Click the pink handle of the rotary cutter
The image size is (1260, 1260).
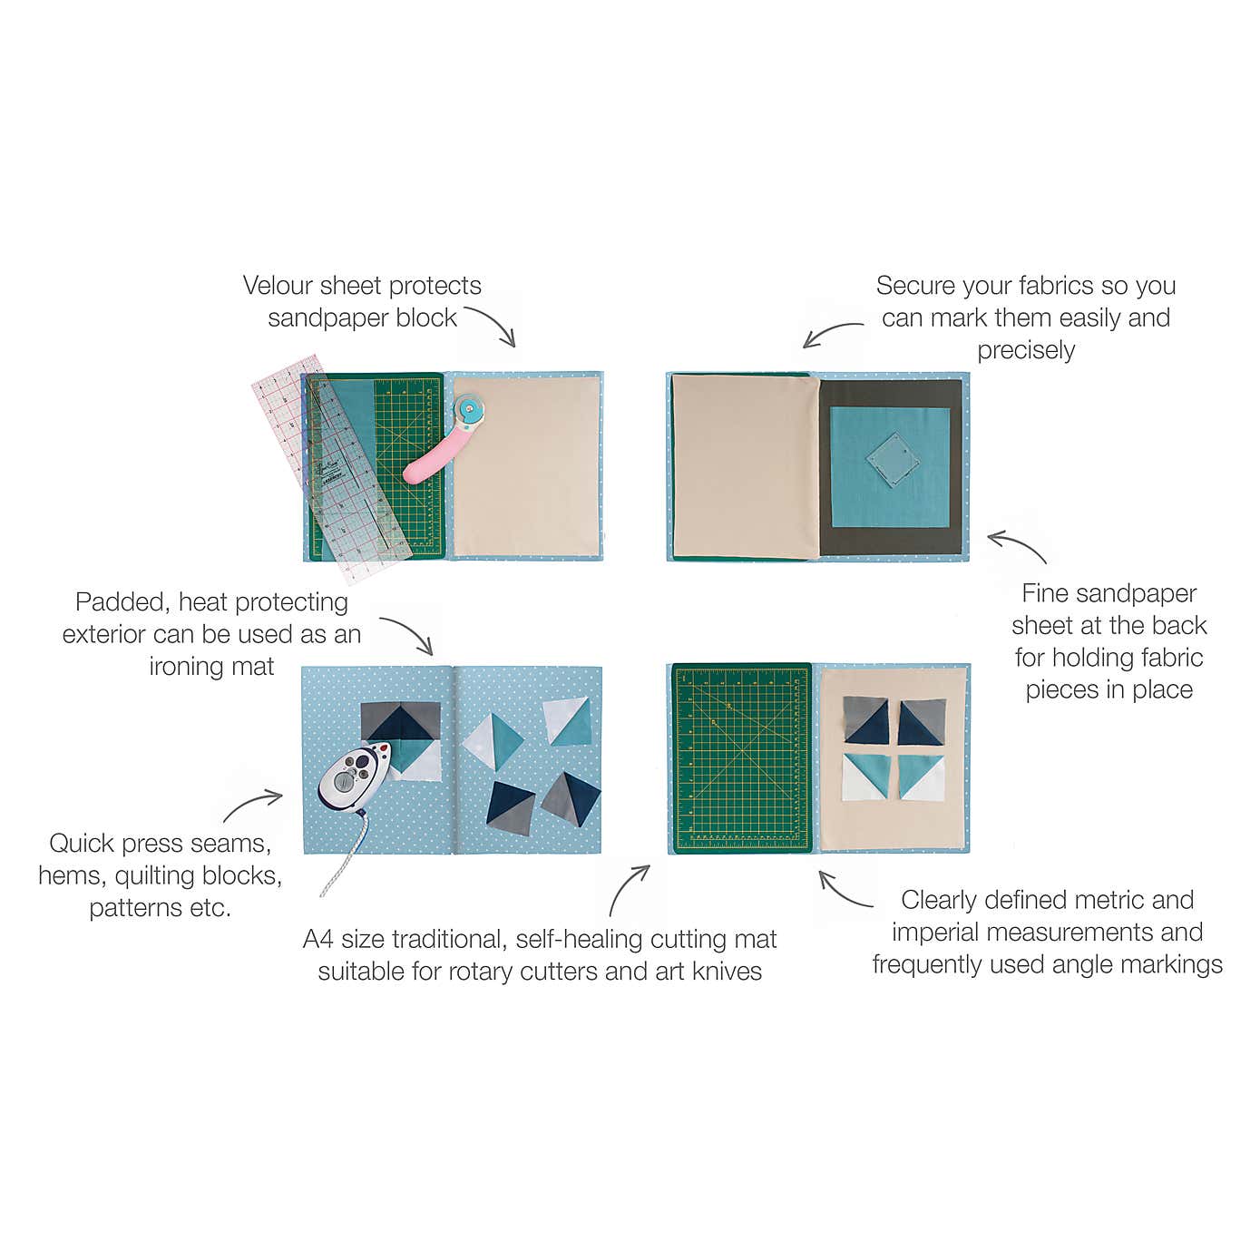point(434,455)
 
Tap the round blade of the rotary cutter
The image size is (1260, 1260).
point(471,409)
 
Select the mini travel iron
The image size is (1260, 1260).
point(355,777)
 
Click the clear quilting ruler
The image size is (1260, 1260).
point(331,467)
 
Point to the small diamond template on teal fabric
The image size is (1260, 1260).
point(893,459)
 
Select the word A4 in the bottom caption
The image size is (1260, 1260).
point(318,940)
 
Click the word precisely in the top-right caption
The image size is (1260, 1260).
point(1026,351)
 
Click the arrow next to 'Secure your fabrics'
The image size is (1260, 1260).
point(830,331)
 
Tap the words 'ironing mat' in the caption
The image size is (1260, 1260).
point(212,667)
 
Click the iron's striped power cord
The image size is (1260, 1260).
point(343,855)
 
